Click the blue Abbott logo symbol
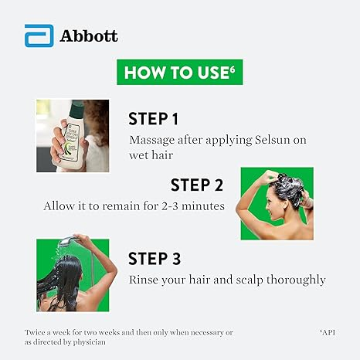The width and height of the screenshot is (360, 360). [39, 36]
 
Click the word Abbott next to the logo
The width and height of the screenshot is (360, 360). [89, 36]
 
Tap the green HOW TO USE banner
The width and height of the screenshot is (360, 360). [180, 72]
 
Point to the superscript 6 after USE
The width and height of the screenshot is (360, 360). [232, 69]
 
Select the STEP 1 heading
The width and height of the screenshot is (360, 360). [153, 119]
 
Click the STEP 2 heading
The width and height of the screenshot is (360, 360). [197, 185]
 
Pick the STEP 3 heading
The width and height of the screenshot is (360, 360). [155, 258]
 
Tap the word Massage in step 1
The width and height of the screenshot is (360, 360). [152, 141]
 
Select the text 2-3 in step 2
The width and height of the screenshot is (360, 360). [170, 206]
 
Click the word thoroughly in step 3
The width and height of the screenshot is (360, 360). [296, 280]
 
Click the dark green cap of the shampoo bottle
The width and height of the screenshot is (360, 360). [76, 108]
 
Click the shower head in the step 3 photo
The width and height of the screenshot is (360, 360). [68, 240]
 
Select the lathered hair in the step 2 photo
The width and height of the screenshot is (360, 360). [288, 188]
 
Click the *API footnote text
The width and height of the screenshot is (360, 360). [328, 332]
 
